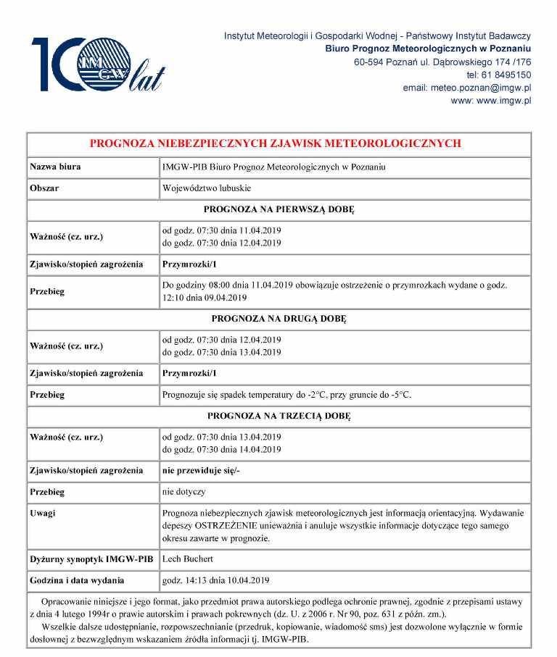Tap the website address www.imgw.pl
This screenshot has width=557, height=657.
coord(490,101)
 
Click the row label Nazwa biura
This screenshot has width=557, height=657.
coord(55,167)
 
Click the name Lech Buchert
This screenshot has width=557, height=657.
coord(188,559)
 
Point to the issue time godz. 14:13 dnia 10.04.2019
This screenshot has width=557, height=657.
coord(216,580)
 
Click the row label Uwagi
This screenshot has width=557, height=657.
coord(43,513)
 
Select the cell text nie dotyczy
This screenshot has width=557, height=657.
coord(184,492)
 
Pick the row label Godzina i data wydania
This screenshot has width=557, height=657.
coord(77,580)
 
